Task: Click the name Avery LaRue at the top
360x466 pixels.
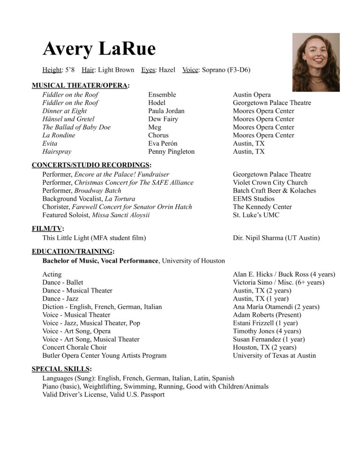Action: pyautogui.click(x=99, y=49)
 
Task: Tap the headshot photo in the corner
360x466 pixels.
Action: pyautogui.click(x=315, y=62)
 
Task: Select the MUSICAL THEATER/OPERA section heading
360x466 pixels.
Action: pyautogui.click(x=81, y=85)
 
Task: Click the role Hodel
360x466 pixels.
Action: pyautogui.click(x=157, y=103)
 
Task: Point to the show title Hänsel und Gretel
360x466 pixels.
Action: pyautogui.click(x=68, y=119)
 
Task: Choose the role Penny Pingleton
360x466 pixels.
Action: pyautogui.click(x=171, y=151)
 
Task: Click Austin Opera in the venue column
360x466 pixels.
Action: pyautogui.click(x=252, y=95)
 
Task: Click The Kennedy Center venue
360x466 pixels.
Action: pyautogui.click(x=262, y=207)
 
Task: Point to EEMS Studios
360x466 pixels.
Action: pyautogui.click(x=253, y=199)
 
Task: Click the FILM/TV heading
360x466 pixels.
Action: pyautogui.click(x=48, y=229)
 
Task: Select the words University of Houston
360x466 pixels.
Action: pyautogui.click(x=193, y=261)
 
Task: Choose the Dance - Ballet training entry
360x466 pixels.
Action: pyautogui.click(x=63, y=282)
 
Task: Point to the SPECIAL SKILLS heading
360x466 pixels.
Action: pyautogui.click(x=61, y=369)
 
